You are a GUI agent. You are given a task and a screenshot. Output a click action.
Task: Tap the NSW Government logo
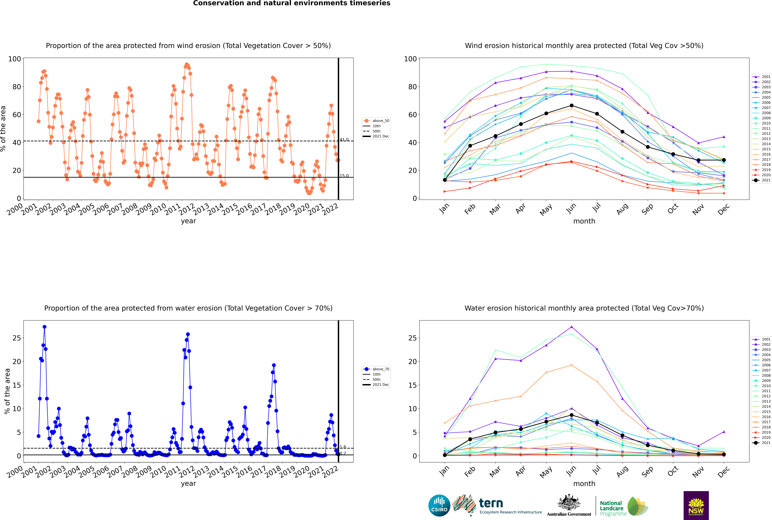pos(696,505)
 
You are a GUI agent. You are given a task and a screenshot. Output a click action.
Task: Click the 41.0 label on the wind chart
pos(344,140)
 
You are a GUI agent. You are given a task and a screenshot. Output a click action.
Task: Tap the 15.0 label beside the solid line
pos(344,176)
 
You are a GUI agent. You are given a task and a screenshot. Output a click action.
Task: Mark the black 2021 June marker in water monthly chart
pos(572,415)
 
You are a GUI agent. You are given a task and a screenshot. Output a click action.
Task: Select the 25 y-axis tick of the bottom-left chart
pos(17,338)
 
